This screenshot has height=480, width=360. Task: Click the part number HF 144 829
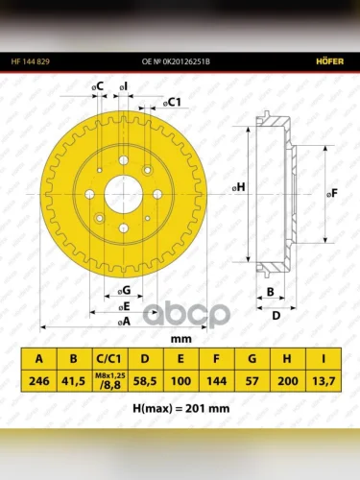click(x=31, y=61)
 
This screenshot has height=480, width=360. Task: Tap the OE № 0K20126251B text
click(x=176, y=61)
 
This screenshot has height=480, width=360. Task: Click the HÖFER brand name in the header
click(x=329, y=61)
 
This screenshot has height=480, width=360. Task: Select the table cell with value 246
click(x=39, y=381)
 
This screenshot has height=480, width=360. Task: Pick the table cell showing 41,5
click(x=73, y=381)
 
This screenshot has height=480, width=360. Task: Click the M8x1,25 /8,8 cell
click(x=110, y=381)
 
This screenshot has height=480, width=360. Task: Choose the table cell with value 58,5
click(x=145, y=381)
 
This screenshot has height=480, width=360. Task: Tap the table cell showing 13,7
click(x=324, y=381)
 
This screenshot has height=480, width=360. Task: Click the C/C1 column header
click(x=109, y=359)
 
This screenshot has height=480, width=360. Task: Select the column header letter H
click(x=287, y=359)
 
